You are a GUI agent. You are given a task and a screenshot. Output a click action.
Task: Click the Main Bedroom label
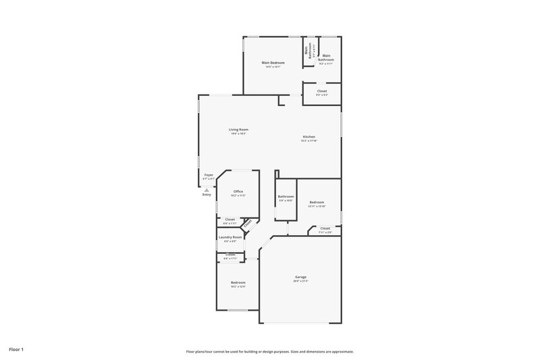273,63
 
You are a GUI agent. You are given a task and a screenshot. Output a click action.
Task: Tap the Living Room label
238,129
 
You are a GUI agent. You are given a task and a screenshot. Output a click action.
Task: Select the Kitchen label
308,137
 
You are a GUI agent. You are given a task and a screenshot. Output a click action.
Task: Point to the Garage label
300,277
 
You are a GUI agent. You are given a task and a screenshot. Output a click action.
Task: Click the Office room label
238,191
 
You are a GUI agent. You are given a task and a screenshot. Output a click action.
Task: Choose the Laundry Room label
230,237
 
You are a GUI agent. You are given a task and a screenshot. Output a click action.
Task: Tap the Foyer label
209,175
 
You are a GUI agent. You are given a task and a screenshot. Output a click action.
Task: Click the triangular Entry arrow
207,190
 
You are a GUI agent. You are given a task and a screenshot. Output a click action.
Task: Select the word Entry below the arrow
207,195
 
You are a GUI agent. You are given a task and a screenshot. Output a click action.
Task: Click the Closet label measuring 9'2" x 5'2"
322,91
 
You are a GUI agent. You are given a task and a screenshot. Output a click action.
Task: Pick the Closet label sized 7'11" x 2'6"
325,229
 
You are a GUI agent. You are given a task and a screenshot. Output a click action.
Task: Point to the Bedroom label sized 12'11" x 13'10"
317,203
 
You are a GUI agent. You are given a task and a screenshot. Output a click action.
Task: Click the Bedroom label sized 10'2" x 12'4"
238,282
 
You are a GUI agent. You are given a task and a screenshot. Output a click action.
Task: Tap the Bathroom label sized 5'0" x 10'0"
286,197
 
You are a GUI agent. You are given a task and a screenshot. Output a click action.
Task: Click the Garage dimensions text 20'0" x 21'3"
300,281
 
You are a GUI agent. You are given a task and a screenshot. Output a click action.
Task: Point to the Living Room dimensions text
238,134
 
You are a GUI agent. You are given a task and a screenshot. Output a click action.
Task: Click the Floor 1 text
16,349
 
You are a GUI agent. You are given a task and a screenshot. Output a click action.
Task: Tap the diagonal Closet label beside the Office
248,223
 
